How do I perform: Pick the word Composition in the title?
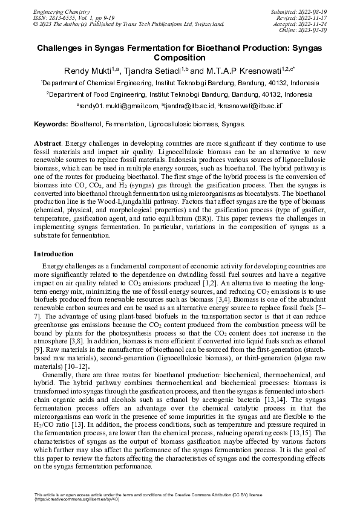180,57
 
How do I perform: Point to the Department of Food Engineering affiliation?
180,95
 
